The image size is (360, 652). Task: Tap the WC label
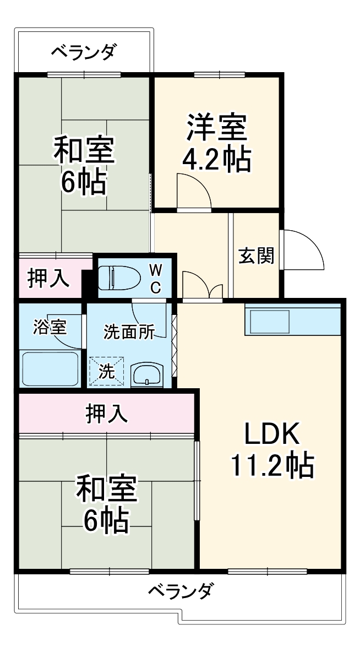(x=156, y=278)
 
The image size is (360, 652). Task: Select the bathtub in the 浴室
(x=50, y=368)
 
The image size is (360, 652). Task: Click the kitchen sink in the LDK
(x=270, y=322)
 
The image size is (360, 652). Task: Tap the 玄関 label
(x=256, y=256)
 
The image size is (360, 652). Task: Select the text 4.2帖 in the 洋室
(x=216, y=160)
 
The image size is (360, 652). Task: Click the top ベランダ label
(x=84, y=53)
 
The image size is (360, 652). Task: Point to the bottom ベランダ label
(x=180, y=592)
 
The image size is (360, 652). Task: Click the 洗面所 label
(x=129, y=332)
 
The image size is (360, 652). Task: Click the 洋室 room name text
(x=216, y=128)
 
